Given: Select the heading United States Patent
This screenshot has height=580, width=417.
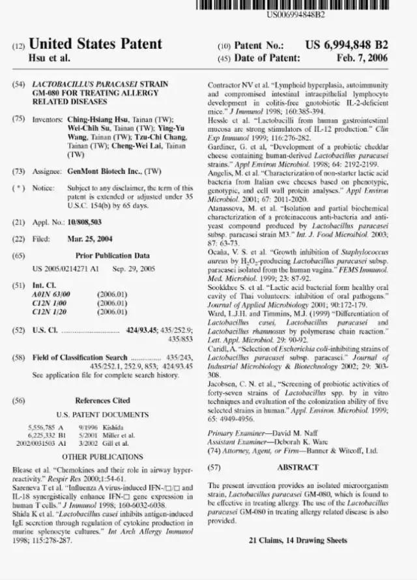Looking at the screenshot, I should coord(96,44).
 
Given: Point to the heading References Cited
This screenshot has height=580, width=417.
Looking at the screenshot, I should coord(102,401).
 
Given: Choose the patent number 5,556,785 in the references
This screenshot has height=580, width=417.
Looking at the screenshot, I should coord(42,427).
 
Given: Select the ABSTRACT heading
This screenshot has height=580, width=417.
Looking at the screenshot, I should coord(298,467).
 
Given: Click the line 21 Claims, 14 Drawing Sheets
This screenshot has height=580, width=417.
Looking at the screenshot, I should coord(298,540).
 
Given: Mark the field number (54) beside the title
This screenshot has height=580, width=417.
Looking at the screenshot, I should coord(18,85).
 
